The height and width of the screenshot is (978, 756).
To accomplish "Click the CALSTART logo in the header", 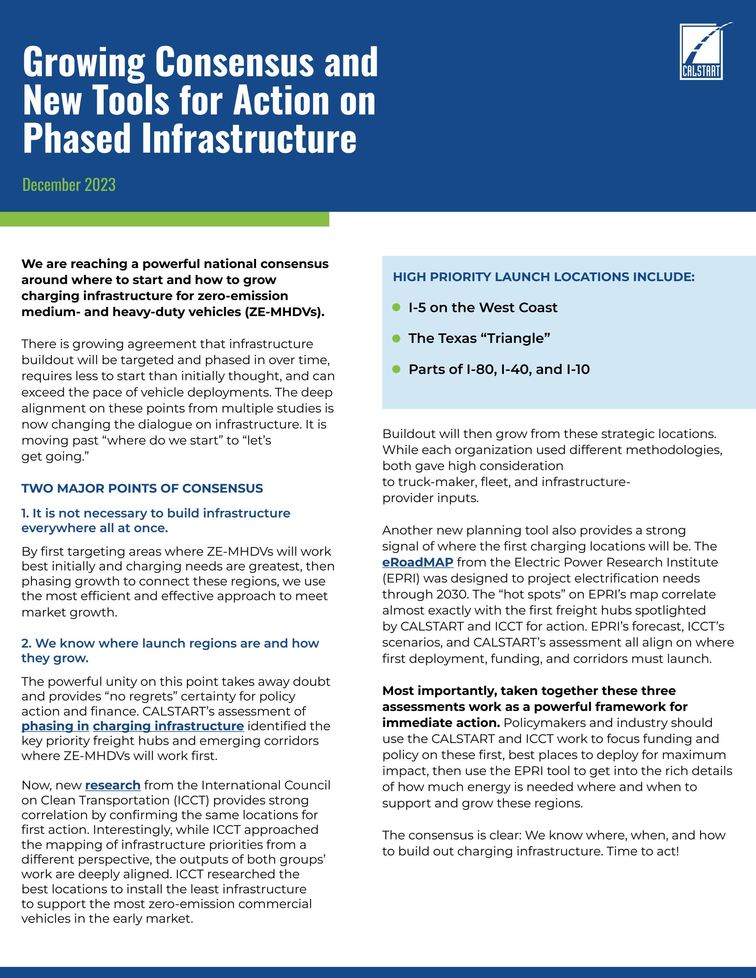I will coord(701,52).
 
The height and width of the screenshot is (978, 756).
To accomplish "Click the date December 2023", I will coord(69,184).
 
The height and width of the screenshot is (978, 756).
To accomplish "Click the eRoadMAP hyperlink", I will coord(418,563).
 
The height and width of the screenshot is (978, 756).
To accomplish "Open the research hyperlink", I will coord(112,785).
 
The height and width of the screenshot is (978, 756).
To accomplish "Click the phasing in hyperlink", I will coord(55,726).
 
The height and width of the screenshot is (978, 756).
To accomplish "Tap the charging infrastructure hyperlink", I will coord(168,726).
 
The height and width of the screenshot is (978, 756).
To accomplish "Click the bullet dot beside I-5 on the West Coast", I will coord(396,307).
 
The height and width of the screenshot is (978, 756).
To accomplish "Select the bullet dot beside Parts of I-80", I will coord(396,369).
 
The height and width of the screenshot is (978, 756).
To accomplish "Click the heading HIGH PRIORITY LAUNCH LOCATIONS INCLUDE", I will coord(543,277).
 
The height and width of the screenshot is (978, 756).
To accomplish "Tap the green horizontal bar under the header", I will coord(164,219).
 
